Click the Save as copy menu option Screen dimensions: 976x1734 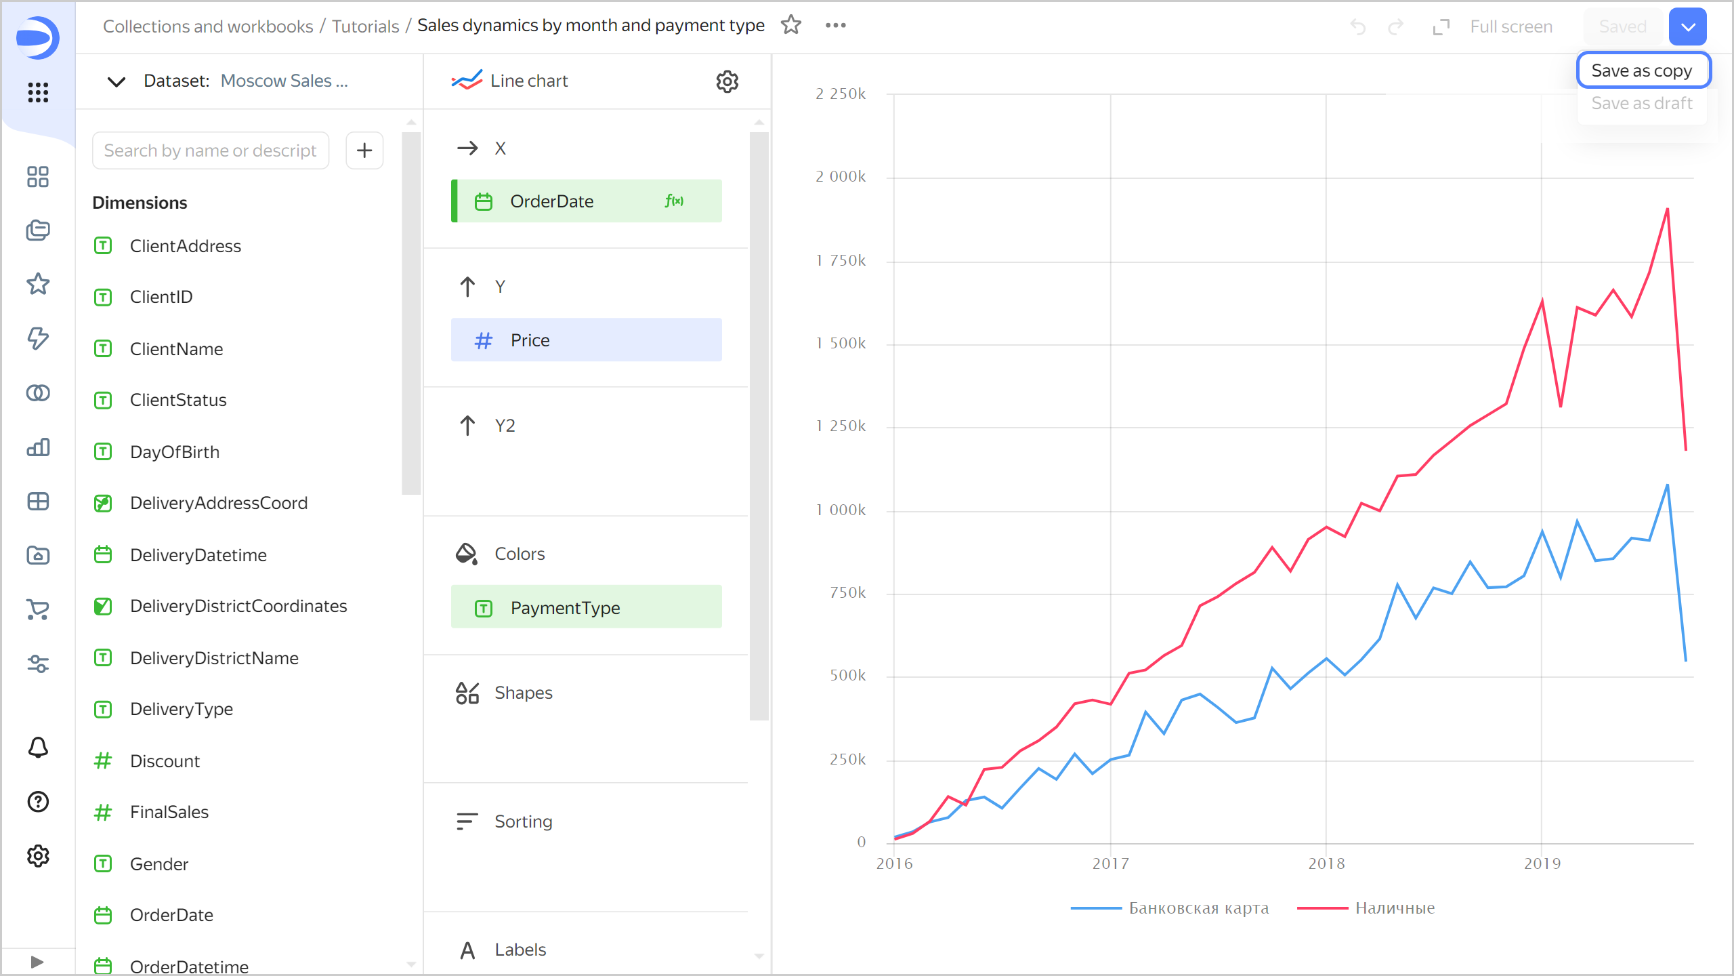pyautogui.click(x=1642, y=70)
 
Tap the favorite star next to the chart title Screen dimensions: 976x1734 pyautogui.click(x=791, y=26)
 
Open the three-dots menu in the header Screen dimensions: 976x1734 pyautogui.click(x=835, y=26)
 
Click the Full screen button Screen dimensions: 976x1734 pyautogui.click(x=1493, y=26)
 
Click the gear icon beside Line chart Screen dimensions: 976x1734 pyautogui.click(x=727, y=81)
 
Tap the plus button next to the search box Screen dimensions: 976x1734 pyautogui.click(x=364, y=150)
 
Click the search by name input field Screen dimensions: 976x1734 pyautogui.click(x=210, y=150)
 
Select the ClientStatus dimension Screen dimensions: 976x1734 pyautogui.click(x=178, y=400)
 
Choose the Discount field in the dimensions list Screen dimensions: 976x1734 pyautogui.click(x=165, y=761)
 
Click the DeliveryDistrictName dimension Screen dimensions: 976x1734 pyautogui.click(x=214, y=658)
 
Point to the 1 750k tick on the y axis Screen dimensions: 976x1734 pyautogui.click(x=841, y=261)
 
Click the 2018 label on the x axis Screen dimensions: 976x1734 pyautogui.click(x=1326, y=863)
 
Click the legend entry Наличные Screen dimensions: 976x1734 pyautogui.click(x=1395, y=908)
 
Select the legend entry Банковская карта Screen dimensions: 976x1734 pyautogui.click(x=1198, y=908)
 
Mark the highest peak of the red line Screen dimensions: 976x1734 pyautogui.click(x=1667, y=209)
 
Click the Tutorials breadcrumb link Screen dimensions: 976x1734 pyautogui.click(x=365, y=26)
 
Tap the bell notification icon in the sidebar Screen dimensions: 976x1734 pyautogui.click(x=38, y=747)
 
